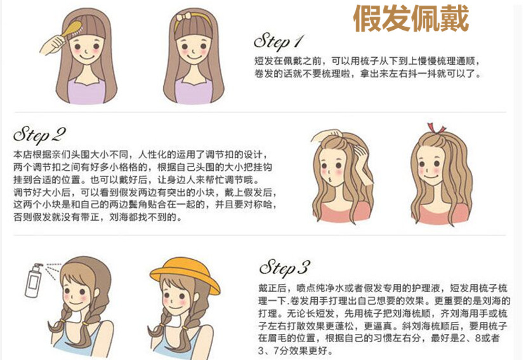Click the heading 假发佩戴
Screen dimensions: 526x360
point(411,19)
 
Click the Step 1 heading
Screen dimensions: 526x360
point(279,42)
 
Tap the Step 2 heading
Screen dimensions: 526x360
point(39,135)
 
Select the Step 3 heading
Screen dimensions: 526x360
point(284,268)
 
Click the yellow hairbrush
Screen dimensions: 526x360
point(72,30)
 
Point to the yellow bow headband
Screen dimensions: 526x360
point(192,19)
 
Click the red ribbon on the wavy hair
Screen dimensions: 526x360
point(436,129)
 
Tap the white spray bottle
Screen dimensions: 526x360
point(34,281)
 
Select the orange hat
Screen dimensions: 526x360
point(185,275)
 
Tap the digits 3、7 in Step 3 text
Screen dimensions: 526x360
point(268,350)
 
